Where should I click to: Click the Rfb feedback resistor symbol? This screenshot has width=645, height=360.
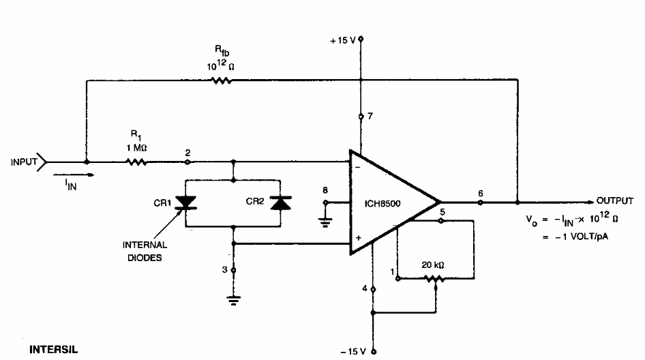222,80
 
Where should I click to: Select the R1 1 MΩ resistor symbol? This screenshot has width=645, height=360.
136,162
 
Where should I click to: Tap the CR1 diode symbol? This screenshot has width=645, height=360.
185,202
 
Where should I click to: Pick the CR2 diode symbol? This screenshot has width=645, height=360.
280,202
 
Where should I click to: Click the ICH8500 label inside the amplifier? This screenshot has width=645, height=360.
382,204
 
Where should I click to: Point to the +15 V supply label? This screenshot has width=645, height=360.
343,41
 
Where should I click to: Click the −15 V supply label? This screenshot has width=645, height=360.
353,351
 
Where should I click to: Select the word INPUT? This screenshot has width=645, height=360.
24,162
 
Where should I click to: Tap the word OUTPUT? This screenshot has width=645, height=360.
615,200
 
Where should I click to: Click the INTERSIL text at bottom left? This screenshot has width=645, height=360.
53,350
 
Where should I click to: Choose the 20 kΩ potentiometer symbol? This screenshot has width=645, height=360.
434,280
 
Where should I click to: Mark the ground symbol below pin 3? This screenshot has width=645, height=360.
234,301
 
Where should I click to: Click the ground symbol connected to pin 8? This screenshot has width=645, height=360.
325,222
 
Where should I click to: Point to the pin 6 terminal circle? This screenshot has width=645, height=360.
480,202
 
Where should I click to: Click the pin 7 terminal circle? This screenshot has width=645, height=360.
361,117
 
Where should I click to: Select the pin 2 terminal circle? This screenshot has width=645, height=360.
187,162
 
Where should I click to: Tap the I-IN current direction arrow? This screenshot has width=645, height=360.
74,175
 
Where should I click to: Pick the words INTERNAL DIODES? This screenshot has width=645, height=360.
145,251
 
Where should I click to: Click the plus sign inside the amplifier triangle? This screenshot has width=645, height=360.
358,237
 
